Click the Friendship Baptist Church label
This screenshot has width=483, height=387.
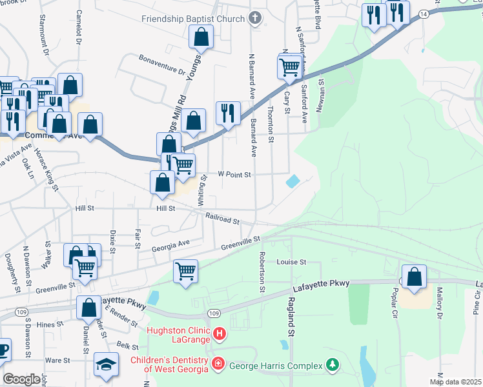pos(194,19)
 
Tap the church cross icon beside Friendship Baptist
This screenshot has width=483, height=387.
pos(256,19)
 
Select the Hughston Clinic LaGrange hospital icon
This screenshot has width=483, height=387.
pos(220,333)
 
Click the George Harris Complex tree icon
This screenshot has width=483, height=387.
pos(333,365)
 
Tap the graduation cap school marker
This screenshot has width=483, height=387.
pos(106,364)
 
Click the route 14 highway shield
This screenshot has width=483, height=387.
pos(423,13)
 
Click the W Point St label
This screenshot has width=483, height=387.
pos(233,174)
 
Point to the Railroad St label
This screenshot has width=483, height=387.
pos(223,219)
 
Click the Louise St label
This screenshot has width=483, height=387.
pos(291,263)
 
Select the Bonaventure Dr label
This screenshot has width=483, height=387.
pos(163,64)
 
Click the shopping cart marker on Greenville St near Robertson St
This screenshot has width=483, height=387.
pos(185,271)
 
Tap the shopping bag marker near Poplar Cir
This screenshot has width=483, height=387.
pos(414,277)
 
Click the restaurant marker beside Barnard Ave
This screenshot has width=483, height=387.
pos(228,113)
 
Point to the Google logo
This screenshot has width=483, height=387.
pos(21,380)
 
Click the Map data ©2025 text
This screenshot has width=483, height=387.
pos(455,382)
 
